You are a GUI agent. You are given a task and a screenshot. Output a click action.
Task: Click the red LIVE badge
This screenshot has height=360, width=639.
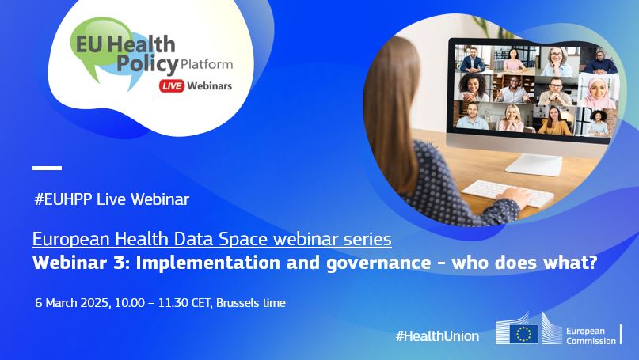pos(171,85)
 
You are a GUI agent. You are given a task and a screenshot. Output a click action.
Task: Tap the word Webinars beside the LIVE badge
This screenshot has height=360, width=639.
pos(210,85)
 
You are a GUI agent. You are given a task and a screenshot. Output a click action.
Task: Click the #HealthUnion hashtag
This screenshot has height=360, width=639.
pos(437,335)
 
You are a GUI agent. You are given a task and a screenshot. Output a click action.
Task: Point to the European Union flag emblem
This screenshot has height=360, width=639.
pos(523,333)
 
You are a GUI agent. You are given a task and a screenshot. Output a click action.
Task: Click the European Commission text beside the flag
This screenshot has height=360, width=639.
pos(591,334)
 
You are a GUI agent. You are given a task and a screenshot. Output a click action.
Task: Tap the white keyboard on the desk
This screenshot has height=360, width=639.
pos(507,193)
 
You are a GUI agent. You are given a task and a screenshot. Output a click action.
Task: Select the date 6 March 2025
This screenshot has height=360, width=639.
pos(72,303)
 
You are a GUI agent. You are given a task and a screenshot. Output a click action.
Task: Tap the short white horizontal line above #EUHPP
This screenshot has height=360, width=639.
pos(47,168)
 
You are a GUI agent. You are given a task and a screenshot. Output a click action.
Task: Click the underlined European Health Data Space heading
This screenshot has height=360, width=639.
pos(211,238)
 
